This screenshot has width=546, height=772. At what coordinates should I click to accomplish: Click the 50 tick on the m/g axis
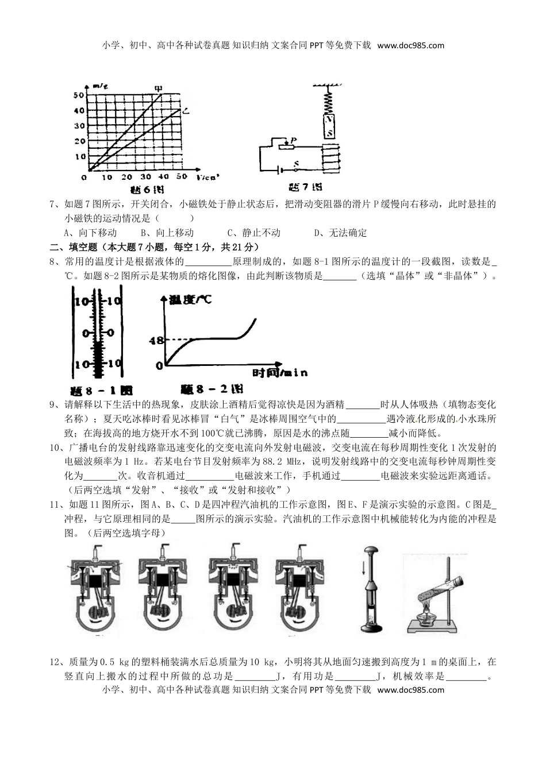(x=79, y=95)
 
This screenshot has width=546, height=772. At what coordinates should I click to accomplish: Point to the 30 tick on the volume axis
(x=145, y=177)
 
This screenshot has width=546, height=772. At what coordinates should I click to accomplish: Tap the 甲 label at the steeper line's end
(x=159, y=88)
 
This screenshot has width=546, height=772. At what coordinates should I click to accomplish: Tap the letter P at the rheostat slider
(x=294, y=140)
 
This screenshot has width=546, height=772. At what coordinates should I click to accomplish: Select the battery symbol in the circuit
(x=280, y=171)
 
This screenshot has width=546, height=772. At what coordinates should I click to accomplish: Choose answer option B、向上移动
(x=167, y=233)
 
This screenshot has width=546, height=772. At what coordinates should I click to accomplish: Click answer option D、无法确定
(x=340, y=233)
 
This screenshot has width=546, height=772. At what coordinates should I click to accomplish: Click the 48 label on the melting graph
(x=156, y=340)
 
